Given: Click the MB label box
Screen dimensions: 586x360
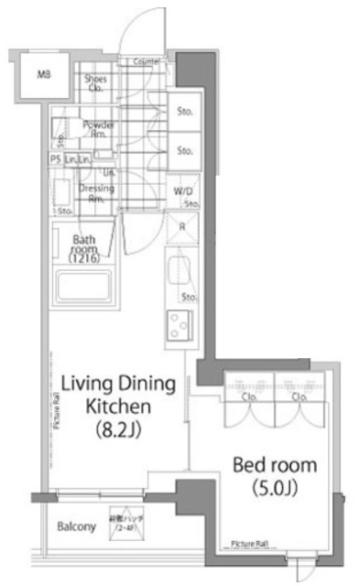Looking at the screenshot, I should (42, 76).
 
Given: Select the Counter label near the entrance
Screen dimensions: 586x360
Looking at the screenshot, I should (147, 61).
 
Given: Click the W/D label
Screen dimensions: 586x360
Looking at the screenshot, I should (182, 191).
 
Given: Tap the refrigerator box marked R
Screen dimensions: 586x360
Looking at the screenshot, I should (182, 228).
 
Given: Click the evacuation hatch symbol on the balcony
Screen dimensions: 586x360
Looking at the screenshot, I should (125, 523).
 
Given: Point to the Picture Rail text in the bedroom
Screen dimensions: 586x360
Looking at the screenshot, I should (250, 542).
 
